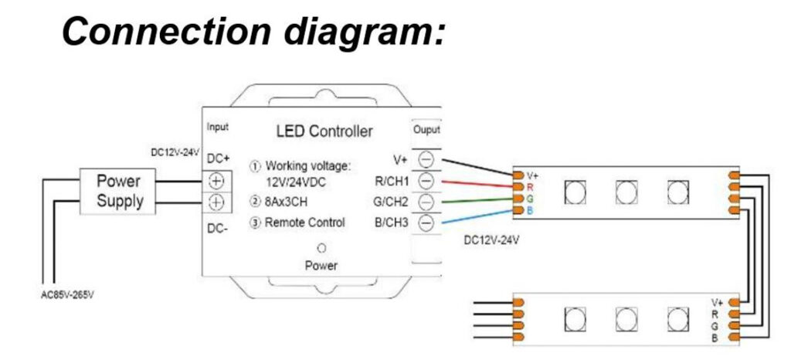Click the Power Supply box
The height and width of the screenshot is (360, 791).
tap(120, 191)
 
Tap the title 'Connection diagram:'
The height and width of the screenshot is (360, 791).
tap(253, 32)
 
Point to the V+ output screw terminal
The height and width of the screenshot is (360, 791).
tap(426, 160)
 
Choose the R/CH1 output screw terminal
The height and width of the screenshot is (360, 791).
tap(426, 182)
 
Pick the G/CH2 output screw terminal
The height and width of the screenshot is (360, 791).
tap(426, 202)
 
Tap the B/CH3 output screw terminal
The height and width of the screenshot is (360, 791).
tap(426, 223)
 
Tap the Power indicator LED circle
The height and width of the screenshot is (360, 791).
tap(320, 249)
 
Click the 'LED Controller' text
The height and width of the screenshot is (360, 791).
tap(324, 131)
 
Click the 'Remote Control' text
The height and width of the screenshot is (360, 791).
tap(304, 222)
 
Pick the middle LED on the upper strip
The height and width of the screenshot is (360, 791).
tap(626, 192)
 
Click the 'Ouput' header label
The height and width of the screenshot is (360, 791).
tap(426, 129)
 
